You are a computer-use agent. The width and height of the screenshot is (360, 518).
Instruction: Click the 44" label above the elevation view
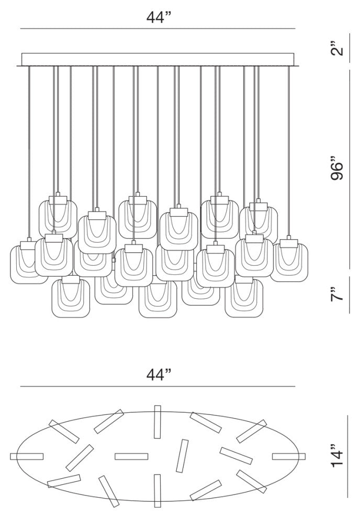pyautogui.click(x=159, y=17)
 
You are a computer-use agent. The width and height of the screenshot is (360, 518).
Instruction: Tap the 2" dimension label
pyautogui.click(x=339, y=50)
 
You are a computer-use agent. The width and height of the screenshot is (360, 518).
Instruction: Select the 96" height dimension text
pyautogui.click(x=339, y=170)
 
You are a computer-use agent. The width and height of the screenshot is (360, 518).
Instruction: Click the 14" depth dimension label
pyautogui.click(x=339, y=456)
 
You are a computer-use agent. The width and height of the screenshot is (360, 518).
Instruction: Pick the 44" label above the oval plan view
pyautogui.click(x=159, y=375)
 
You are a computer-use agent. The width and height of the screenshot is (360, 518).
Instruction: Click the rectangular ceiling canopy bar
pyautogui.click(x=159, y=59)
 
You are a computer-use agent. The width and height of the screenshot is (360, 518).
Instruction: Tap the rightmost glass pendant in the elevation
pyautogui.click(x=289, y=260)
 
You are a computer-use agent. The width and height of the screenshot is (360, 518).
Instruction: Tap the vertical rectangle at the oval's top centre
pyautogui.click(x=157, y=422)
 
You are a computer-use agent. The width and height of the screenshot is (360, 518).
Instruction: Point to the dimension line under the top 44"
pyautogui.click(x=159, y=28)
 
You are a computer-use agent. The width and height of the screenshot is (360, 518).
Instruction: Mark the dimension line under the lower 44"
pyautogui.click(x=159, y=387)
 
